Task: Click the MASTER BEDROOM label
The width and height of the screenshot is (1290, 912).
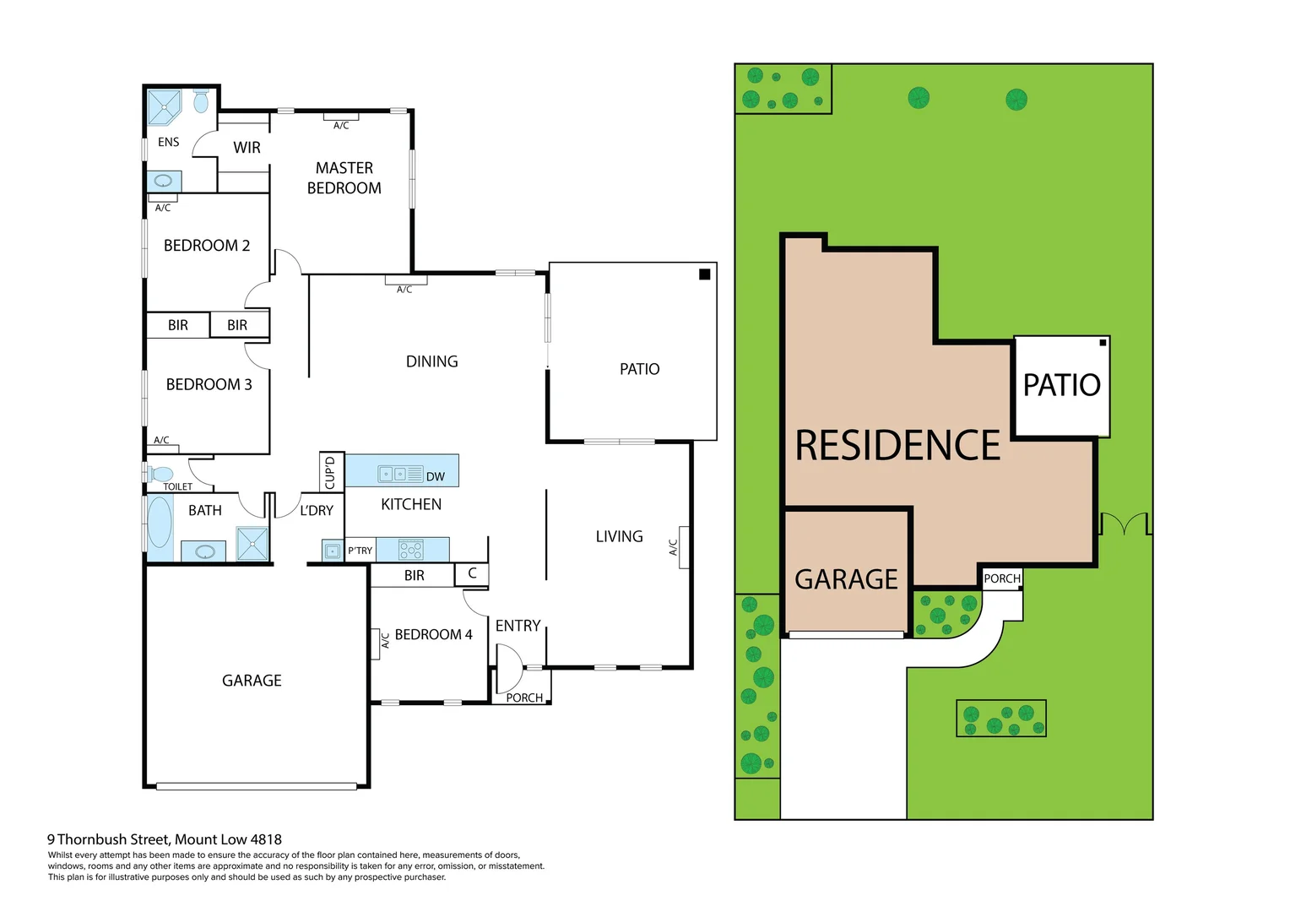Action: pos(344,178)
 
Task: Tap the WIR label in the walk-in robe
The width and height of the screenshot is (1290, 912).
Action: pos(247,148)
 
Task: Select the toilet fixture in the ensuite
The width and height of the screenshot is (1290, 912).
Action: pos(201,101)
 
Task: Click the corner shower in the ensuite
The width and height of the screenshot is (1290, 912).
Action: pos(164,106)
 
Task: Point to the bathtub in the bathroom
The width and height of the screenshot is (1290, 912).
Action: pos(160,524)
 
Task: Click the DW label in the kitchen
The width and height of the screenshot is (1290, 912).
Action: pos(435,476)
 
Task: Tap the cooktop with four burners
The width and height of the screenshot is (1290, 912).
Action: pos(411,551)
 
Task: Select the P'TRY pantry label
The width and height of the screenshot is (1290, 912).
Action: pos(360,551)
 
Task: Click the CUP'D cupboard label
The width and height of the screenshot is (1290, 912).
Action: pos(330,472)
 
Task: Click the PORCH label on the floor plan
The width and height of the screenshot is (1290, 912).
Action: pos(524,698)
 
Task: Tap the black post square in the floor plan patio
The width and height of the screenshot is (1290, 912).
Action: pos(704,274)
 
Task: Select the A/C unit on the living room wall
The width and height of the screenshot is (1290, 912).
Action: pos(683,547)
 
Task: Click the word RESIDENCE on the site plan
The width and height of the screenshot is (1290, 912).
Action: pos(897,445)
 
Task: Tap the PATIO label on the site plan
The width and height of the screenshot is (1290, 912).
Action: pos(1061,385)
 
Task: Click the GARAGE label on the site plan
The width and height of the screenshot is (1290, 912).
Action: pos(846,579)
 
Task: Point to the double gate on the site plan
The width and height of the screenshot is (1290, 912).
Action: pos(1125,524)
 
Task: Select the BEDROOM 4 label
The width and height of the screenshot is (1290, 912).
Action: pos(433,634)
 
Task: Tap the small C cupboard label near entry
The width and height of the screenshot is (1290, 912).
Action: pos(472,573)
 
